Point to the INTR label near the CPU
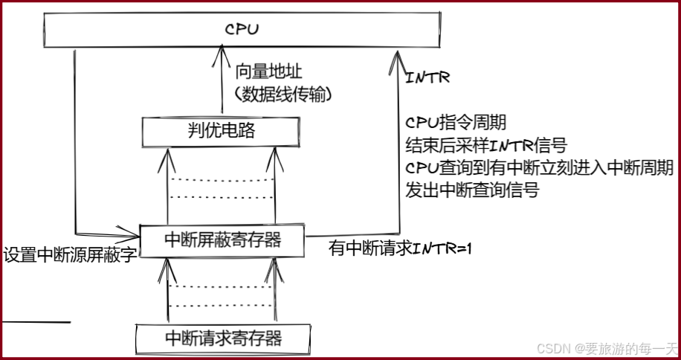click(x=429, y=77)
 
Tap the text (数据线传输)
click(x=283, y=94)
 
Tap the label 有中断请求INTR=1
click(x=401, y=248)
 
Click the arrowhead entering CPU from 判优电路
click(x=220, y=48)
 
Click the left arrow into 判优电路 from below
click(x=168, y=152)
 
